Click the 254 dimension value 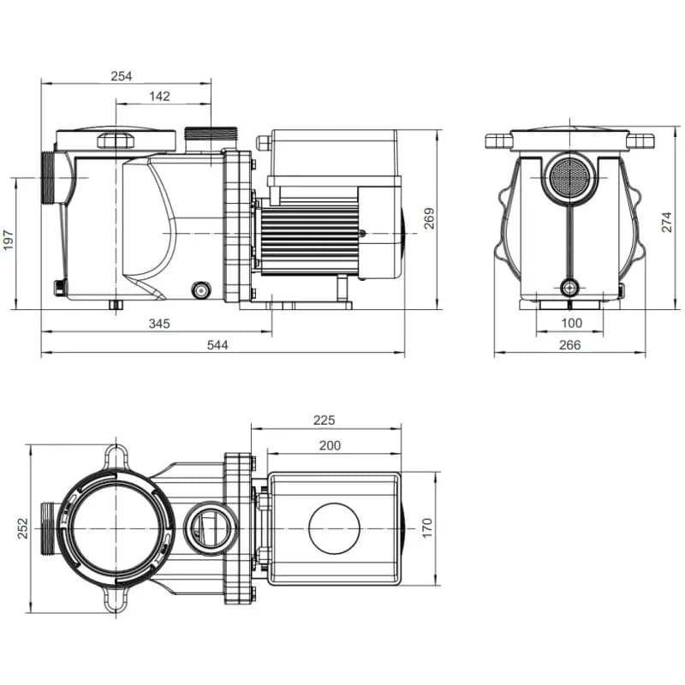122,76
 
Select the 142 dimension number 159,97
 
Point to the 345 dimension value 159,324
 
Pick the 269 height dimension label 429,218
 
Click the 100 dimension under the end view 571,324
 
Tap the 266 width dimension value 569,345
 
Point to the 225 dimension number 325,420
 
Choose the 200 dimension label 330,445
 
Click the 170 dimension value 428,528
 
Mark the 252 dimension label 23,528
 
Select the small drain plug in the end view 569,288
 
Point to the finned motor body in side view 308,235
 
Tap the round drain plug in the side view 201,289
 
